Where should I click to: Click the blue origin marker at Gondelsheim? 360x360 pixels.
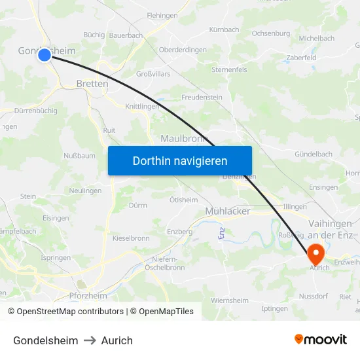pos(45,55)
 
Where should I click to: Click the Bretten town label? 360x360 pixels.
pos(88,84)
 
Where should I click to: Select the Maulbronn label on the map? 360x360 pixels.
pos(184,139)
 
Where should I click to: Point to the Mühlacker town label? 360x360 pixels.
pos(227,211)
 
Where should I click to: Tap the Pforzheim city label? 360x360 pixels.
pos(88,296)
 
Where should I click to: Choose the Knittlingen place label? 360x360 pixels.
pos(142,106)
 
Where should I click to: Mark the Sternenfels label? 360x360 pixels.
pos(229,69)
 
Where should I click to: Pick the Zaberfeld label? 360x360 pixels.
pos(301,58)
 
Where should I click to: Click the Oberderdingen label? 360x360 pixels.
pos(183,50)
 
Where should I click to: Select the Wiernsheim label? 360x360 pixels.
pos(230,300)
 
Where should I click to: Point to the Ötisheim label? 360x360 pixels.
pos(183,200)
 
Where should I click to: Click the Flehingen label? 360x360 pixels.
pos(162,15)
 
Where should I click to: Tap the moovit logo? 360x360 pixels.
pos(321,340)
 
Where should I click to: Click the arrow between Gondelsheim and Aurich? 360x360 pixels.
pos(90,340)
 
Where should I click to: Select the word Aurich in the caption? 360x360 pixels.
pos(117,340)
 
